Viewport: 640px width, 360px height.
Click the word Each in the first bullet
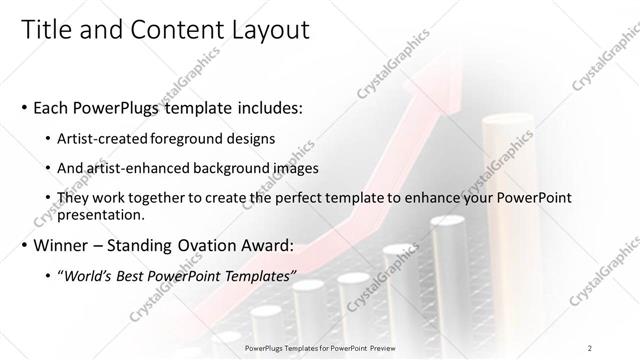tap(53, 107)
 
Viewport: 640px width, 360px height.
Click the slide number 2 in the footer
tap(590, 347)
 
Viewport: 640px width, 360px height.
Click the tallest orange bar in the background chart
tap(499, 170)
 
